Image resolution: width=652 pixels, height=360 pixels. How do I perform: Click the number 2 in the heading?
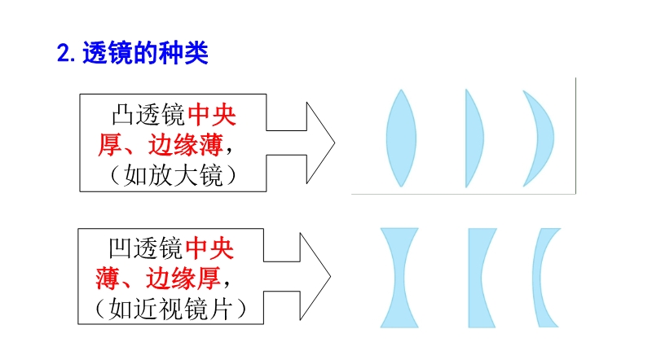point(64,55)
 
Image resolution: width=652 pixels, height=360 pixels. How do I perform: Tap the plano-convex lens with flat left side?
point(474,138)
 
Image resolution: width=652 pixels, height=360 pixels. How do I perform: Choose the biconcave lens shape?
point(399,277)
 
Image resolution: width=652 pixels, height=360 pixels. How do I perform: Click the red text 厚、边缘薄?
point(159,145)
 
